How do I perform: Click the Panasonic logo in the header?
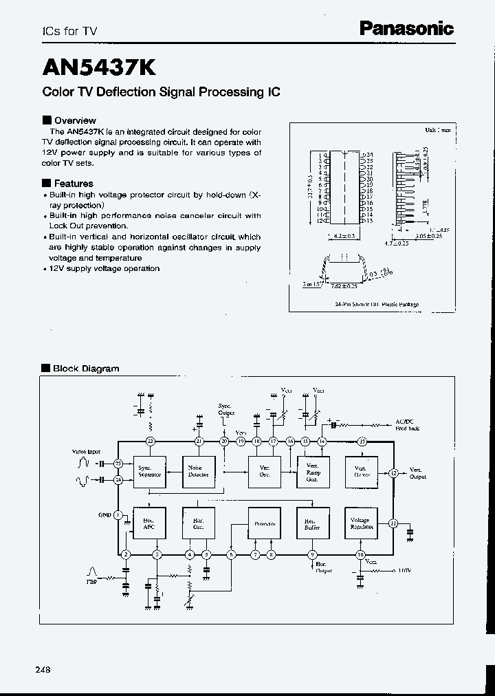tap(407, 28)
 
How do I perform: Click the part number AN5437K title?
tap(99, 67)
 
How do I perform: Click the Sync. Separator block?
tap(150, 471)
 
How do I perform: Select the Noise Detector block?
tap(197, 471)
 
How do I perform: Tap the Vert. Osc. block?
tap(264, 471)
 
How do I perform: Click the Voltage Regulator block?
tap(361, 524)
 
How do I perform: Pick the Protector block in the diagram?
tap(264, 524)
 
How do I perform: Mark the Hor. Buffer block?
tap(313, 524)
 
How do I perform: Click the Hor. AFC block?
tap(150, 524)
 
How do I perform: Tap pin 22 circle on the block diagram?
tap(150, 441)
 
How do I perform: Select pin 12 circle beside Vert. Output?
tap(393, 472)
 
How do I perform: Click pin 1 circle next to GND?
tap(118, 514)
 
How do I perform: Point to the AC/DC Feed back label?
tap(406, 424)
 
